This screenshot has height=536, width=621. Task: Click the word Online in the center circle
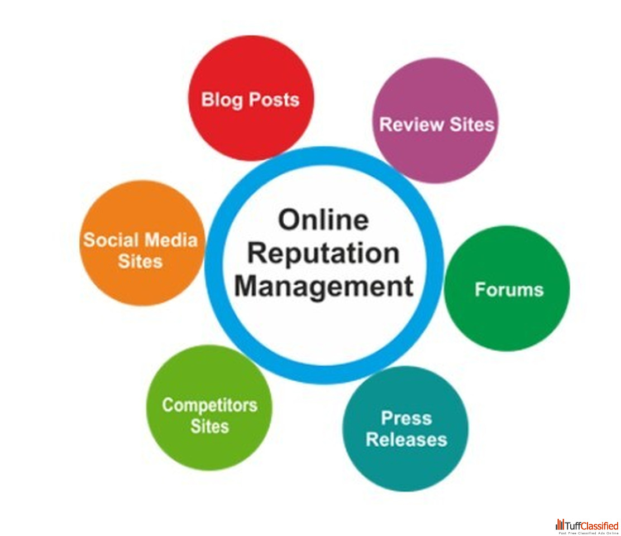coord(323,221)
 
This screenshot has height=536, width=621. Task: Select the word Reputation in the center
coord(323,253)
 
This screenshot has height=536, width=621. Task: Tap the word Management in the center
coord(323,286)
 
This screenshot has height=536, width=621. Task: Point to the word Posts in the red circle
coord(274,100)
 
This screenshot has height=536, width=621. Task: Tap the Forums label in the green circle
coord(509,290)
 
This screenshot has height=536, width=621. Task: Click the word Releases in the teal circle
coord(406,439)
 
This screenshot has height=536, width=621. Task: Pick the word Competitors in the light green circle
coord(209,405)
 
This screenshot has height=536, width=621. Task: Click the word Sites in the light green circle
coord(209,427)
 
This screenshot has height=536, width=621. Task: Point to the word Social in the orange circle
coord(110,240)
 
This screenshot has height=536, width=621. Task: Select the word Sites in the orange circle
coord(140,261)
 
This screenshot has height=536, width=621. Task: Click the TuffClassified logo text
coord(592,525)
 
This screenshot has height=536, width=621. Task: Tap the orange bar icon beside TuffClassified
coord(560,525)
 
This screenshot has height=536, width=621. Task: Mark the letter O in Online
coord(290,221)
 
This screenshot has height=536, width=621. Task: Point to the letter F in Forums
coord(480,290)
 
